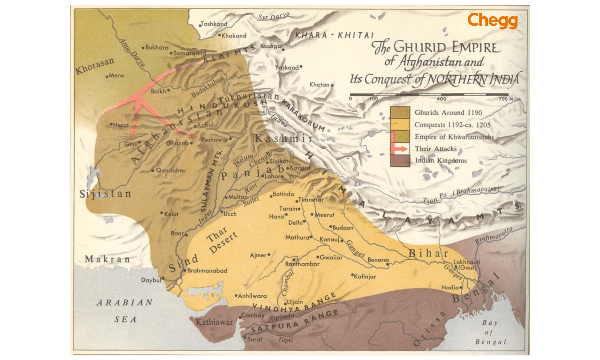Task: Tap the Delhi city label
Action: (x=295, y=223)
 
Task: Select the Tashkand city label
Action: (x=214, y=24)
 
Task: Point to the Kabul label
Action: (x=205, y=124)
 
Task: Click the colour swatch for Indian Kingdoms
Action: (x=400, y=160)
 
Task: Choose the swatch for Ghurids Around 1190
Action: (x=400, y=112)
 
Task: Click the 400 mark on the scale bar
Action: (x=441, y=99)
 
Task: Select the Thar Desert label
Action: (x=222, y=240)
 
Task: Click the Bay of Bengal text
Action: (x=490, y=332)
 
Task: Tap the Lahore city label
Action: (x=274, y=176)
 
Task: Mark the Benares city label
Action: (x=378, y=260)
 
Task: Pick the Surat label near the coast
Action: (x=254, y=339)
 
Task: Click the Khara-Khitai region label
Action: (x=334, y=35)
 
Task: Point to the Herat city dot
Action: (x=111, y=124)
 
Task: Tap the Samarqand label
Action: (x=189, y=53)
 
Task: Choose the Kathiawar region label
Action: (x=214, y=322)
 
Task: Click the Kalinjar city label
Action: (x=364, y=277)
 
